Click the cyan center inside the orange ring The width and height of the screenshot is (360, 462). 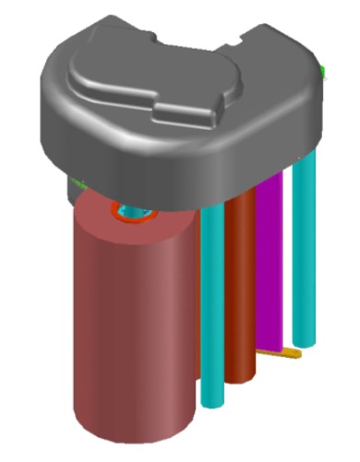pos(136,212)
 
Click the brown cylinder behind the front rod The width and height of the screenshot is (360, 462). pos(241,286)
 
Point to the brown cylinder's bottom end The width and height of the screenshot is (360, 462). pos(242,376)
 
